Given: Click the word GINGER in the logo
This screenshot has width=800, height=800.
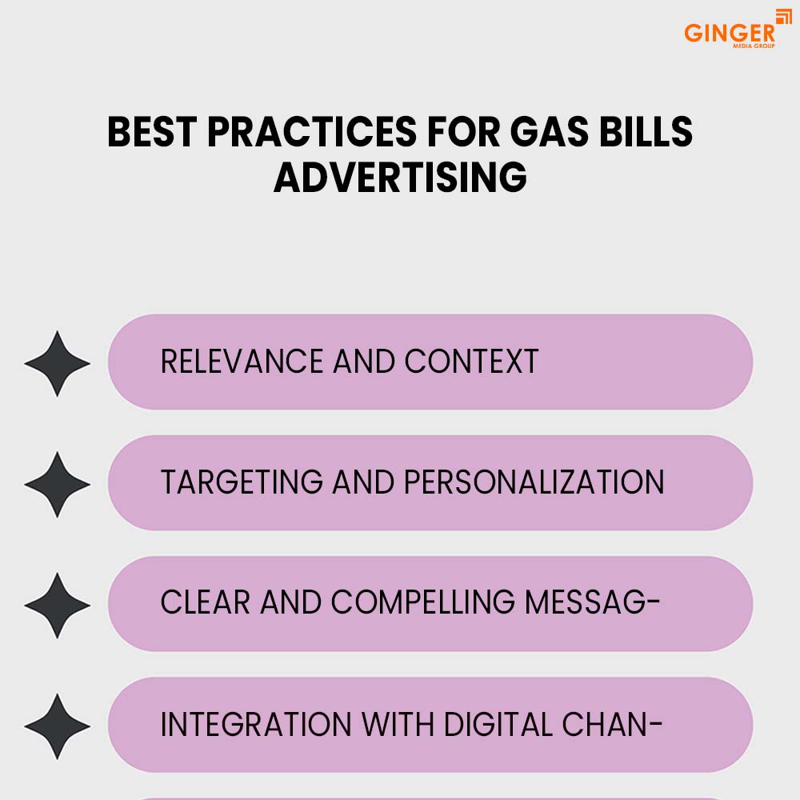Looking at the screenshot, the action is tap(729, 33).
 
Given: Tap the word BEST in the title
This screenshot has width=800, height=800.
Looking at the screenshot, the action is tap(152, 132).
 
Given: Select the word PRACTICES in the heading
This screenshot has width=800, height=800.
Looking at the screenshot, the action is tap(312, 132).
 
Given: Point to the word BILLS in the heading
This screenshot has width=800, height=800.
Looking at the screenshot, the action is tap(646, 132).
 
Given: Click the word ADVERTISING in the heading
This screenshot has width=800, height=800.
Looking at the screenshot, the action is tap(400, 178).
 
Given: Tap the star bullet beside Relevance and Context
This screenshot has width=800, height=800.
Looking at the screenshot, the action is tap(57, 363).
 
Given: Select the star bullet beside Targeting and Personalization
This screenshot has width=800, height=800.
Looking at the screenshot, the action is tap(57, 484).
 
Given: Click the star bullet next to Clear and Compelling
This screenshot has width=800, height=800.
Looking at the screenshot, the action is tap(57, 605).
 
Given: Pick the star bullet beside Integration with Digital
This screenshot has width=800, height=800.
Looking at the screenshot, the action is tap(57, 726).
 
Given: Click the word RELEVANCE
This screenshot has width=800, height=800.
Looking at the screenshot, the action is tap(242, 362).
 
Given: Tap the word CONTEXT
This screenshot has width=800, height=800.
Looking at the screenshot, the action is tap(471, 362).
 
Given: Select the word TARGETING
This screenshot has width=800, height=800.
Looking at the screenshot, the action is tap(242, 482).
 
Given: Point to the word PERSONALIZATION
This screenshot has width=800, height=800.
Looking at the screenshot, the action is tap(534, 482).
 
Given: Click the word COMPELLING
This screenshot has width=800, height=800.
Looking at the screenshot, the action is tap(423, 602).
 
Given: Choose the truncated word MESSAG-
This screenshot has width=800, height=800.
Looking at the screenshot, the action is tap(592, 602).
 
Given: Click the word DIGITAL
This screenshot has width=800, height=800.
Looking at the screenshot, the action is tap(498, 724).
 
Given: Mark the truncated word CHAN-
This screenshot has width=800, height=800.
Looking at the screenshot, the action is tap(612, 724).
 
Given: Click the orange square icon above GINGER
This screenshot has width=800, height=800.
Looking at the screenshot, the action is tap(784, 16).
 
